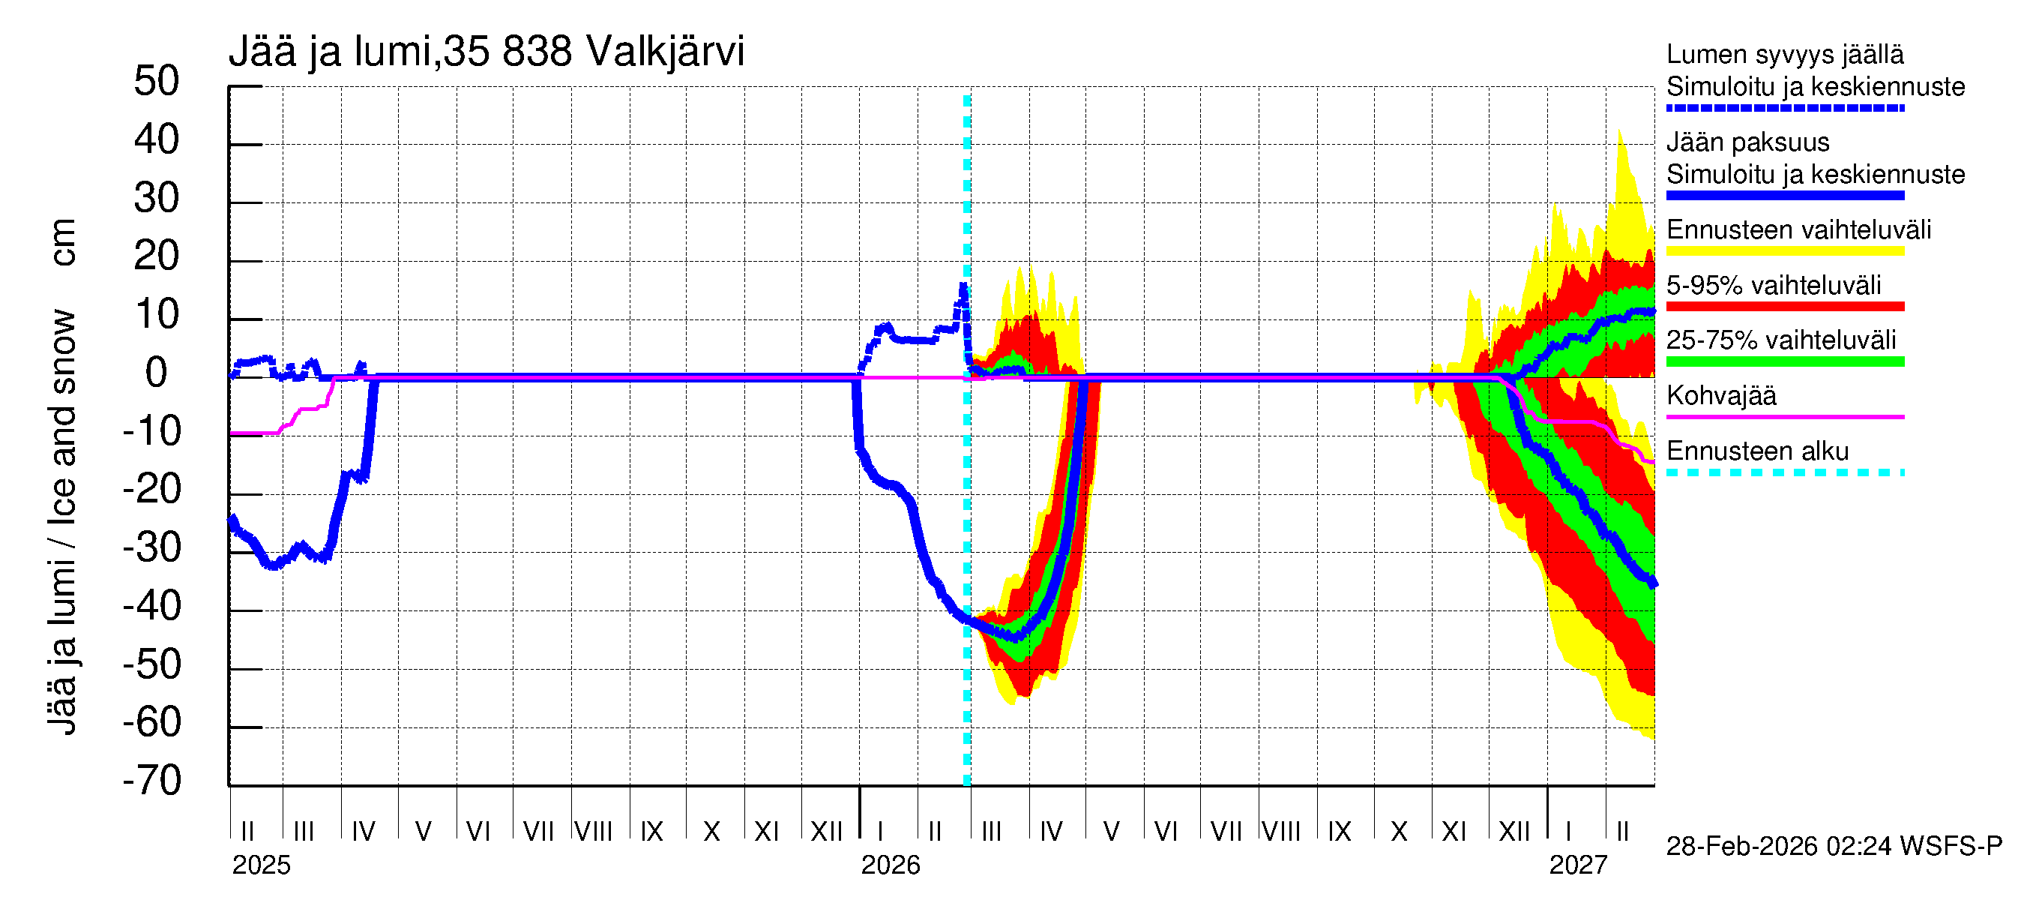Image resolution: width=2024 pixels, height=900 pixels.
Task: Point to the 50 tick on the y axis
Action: (x=157, y=82)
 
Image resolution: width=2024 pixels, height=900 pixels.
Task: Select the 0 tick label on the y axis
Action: (x=157, y=373)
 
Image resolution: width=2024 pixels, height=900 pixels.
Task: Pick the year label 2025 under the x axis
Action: (x=261, y=865)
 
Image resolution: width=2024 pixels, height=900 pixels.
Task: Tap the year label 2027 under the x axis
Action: (x=1578, y=865)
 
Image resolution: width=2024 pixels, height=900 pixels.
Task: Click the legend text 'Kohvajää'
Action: (x=1720, y=396)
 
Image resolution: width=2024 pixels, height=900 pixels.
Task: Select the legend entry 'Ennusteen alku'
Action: (x=1757, y=452)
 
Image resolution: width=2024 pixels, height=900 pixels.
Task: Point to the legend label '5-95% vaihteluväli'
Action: (x=1774, y=285)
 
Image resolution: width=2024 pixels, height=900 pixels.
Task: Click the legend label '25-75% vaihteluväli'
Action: (x=1780, y=340)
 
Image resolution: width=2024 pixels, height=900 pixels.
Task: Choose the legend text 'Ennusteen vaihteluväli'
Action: (x=1798, y=230)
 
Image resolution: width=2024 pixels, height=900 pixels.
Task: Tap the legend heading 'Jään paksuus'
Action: (x=1747, y=143)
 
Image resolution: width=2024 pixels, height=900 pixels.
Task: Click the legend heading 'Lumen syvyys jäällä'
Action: (x=1784, y=55)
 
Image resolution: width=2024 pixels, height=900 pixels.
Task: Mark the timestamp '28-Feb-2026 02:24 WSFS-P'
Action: (x=1834, y=847)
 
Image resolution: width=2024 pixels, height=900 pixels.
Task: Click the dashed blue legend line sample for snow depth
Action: (x=1784, y=109)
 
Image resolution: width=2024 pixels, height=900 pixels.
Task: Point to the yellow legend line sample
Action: (x=1784, y=251)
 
